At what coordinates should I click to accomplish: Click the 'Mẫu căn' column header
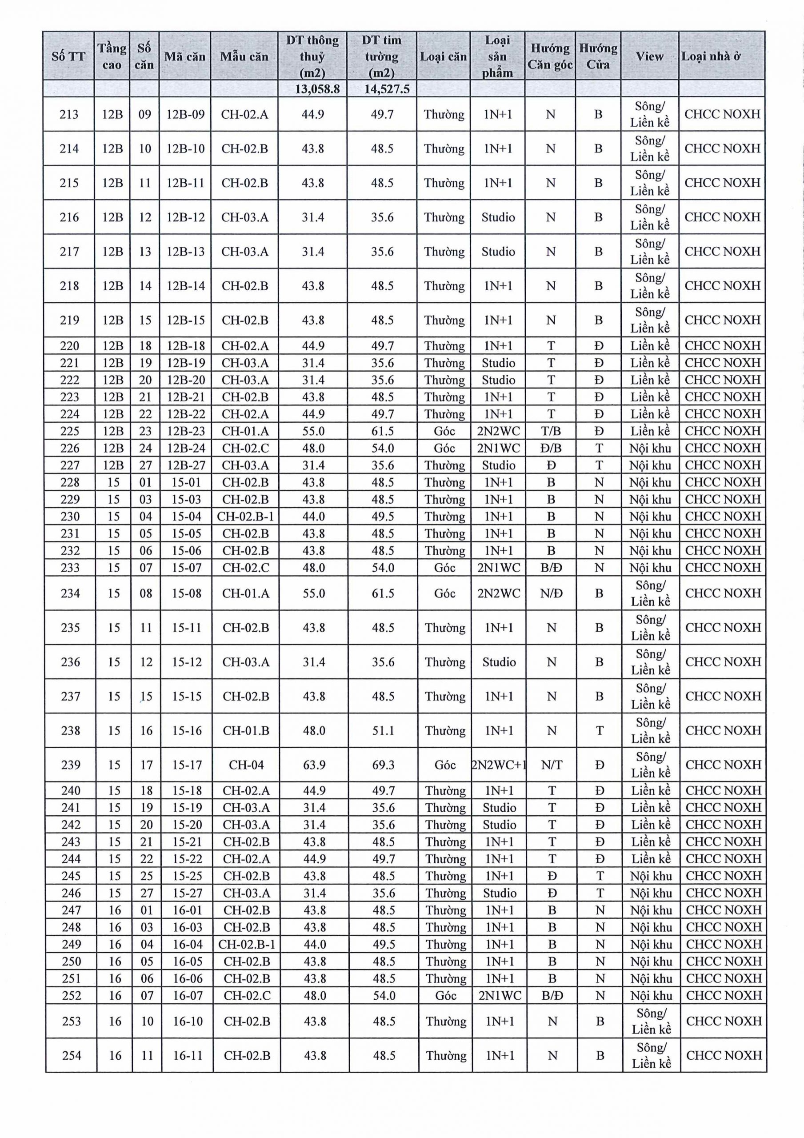coord(244,56)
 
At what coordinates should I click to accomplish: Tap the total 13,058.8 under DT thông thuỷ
coord(312,89)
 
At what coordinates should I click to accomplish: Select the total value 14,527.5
coord(382,89)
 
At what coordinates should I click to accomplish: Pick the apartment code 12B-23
coord(186,431)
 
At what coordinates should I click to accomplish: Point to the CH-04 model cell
coord(246,765)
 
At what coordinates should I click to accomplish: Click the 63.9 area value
coord(314,765)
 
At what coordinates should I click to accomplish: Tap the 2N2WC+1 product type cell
coord(499,765)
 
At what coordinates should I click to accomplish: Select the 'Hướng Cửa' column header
coord(598,56)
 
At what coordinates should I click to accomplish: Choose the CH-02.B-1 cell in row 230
coord(245,517)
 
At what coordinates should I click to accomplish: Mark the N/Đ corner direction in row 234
coord(551,593)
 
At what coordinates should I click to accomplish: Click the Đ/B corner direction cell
coord(551,448)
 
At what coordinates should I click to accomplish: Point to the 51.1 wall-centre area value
coord(383,730)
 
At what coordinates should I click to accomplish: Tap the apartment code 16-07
coord(188,996)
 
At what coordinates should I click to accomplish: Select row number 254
coord(72,1056)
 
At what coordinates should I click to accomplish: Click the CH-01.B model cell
coord(246,730)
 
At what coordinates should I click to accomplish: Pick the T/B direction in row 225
coord(551,431)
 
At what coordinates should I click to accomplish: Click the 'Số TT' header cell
coord(68,56)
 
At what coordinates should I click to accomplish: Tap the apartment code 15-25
coord(187,876)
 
